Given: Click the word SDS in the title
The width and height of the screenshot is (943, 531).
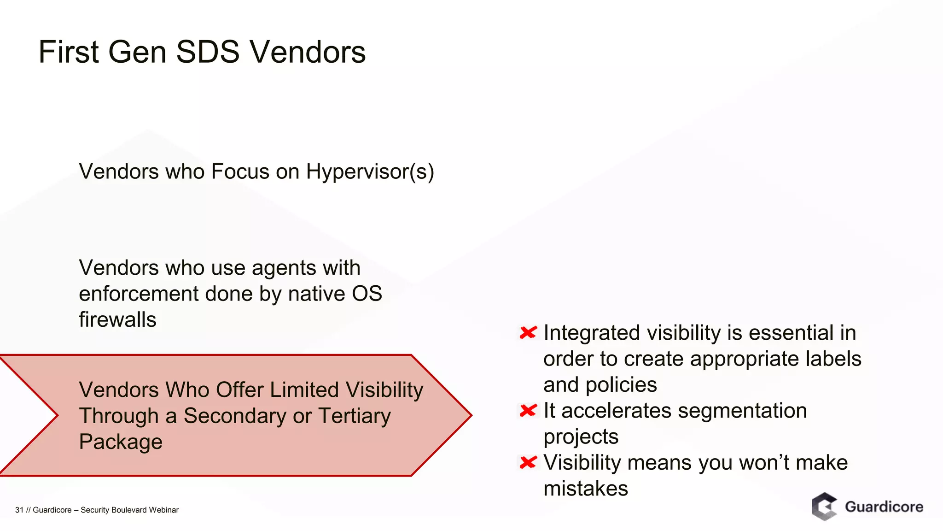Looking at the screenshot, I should (208, 52).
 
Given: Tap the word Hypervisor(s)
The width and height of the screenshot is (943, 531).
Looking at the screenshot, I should (370, 171).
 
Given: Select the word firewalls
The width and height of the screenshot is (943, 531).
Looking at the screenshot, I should (117, 319).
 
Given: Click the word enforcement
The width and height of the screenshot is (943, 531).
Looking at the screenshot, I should (138, 294).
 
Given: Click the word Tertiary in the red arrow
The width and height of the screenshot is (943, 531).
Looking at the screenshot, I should (354, 416).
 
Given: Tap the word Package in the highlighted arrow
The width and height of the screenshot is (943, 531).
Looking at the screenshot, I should (121, 442).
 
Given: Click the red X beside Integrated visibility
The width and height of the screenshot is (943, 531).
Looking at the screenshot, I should (528, 332).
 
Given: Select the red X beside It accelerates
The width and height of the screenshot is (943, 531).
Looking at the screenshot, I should (528, 410).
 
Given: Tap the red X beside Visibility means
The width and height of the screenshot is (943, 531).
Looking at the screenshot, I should (528, 462).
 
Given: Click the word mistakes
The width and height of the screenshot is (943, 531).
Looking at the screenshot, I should (585, 488).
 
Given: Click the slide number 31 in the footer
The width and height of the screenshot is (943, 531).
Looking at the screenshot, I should (19, 510).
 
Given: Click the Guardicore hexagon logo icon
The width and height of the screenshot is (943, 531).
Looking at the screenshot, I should (824, 507).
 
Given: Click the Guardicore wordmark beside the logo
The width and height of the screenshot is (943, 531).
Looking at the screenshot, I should (884, 507).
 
